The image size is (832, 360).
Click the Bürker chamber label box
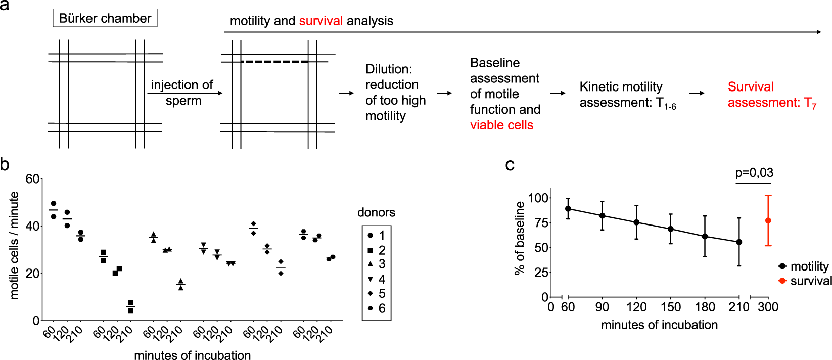[x=105, y=18]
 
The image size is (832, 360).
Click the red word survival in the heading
[x=320, y=21]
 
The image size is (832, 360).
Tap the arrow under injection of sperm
[x=185, y=93]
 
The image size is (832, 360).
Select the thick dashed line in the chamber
[x=274, y=62]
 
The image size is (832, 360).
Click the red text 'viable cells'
[x=501, y=125]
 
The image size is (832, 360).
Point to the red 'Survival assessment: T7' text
[x=771, y=95]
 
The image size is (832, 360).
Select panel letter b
[x=5, y=164]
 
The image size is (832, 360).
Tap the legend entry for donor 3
[x=377, y=264]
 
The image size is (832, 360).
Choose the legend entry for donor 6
[x=377, y=308]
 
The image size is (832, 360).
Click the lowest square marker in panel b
[x=130, y=310]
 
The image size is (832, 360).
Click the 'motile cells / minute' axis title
[x=14, y=245]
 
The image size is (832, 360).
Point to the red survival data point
[x=768, y=220]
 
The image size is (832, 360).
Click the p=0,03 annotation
[x=754, y=173]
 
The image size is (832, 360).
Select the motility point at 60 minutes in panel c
[x=568, y=209]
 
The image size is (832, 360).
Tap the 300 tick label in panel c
[x=768, y=307]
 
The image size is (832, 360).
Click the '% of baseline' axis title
[x=520, y=238]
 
